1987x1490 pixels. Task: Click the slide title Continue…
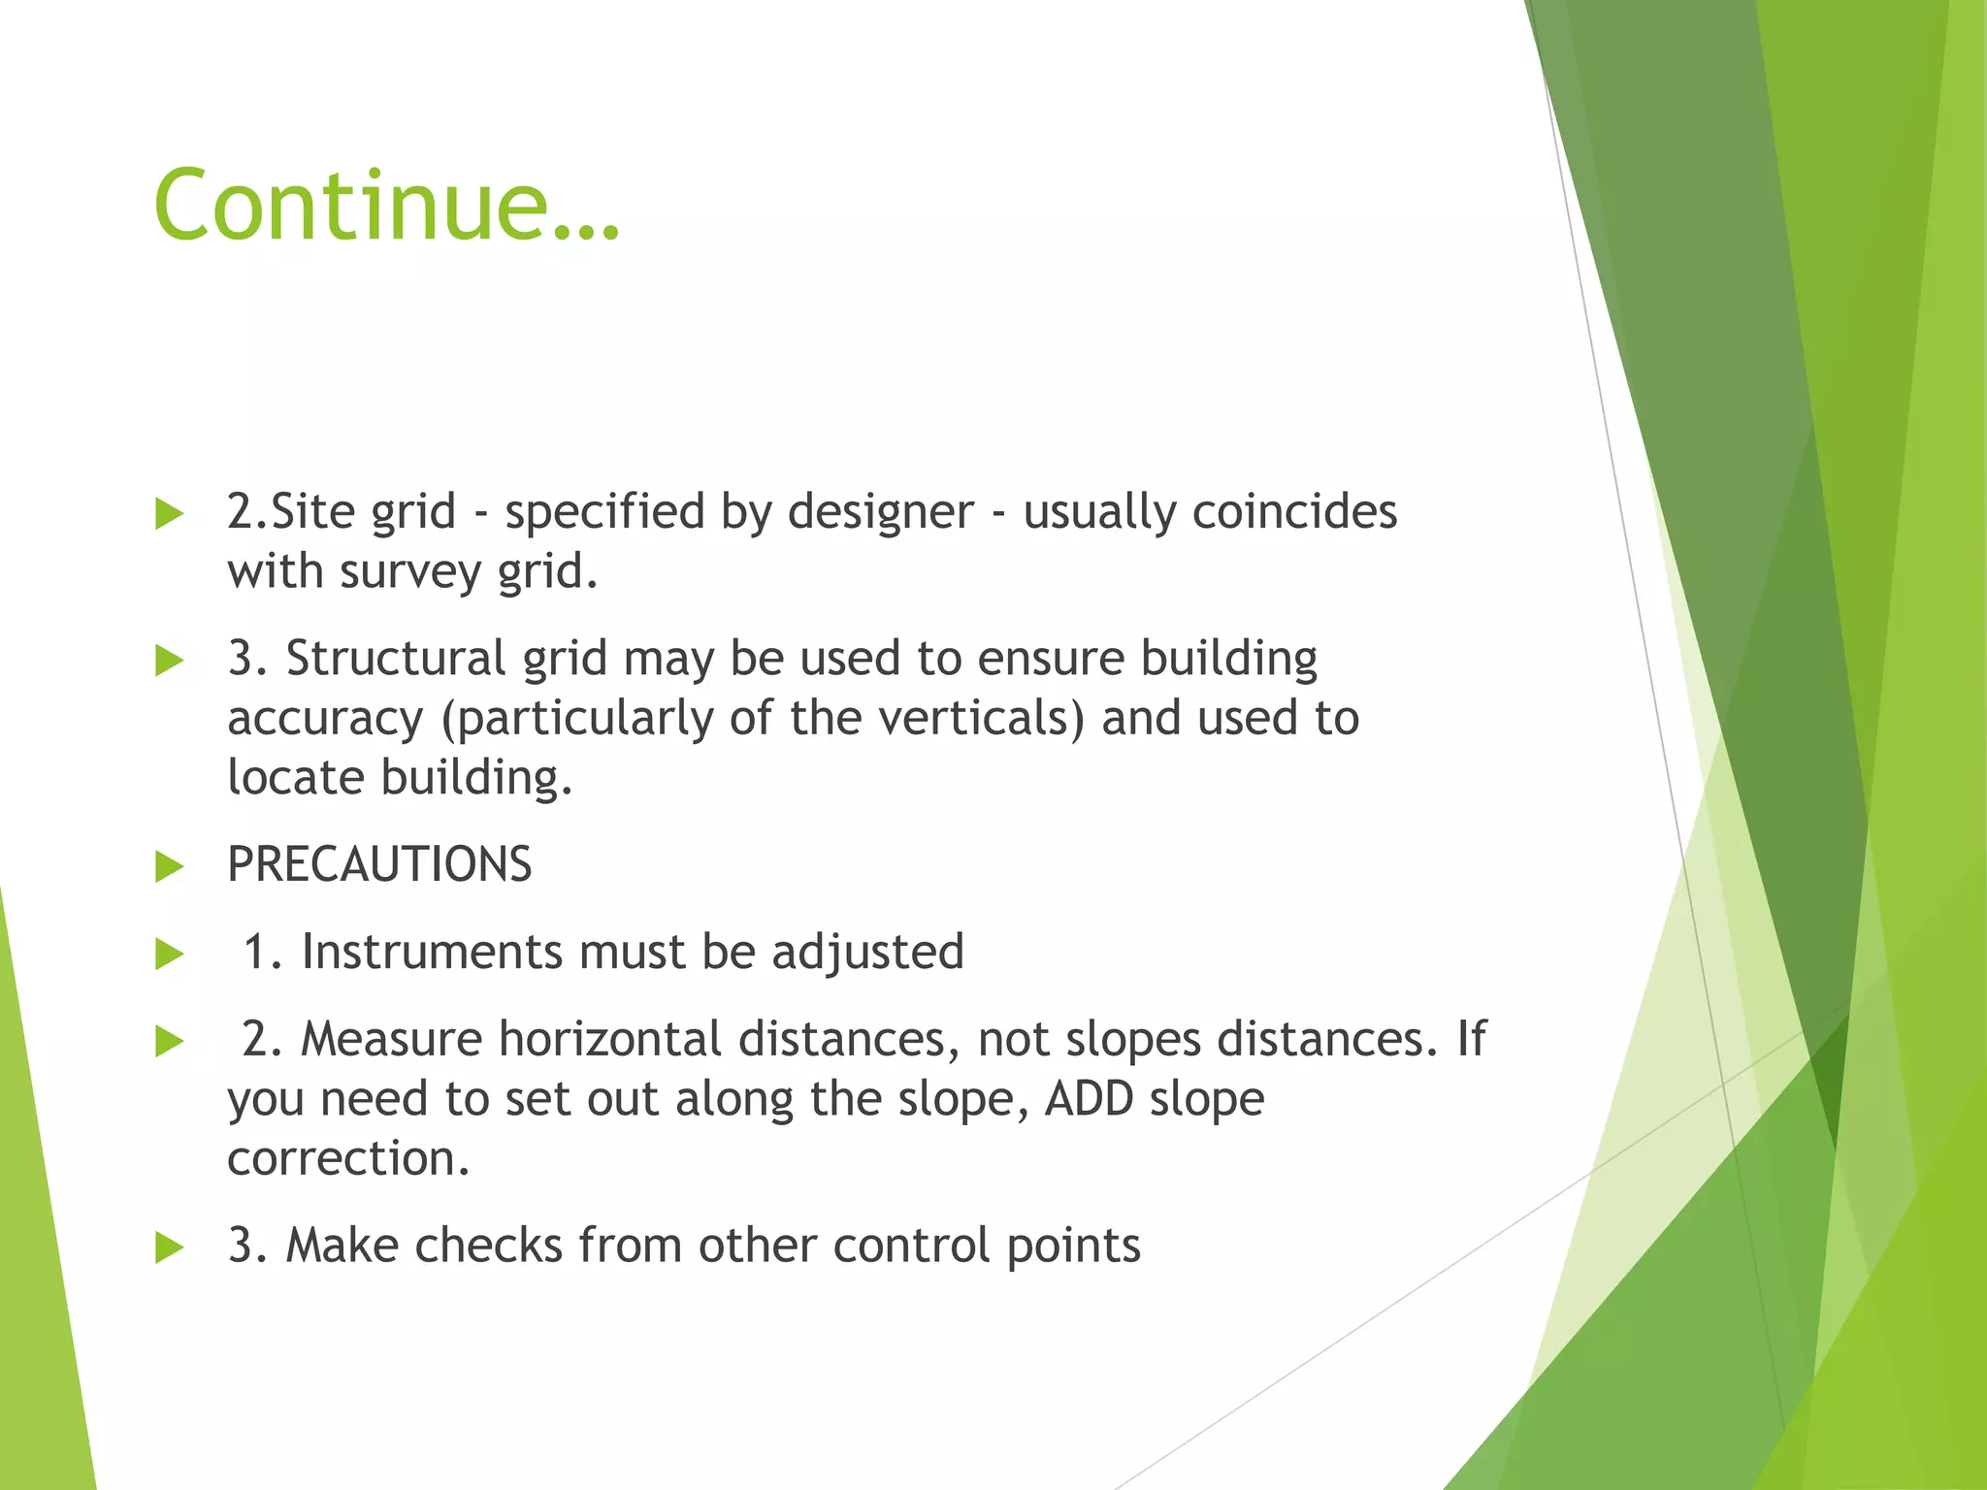coord(386,206)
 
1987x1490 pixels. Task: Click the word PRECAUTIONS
coord(379,864)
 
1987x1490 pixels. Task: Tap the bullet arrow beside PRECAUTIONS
coord(170,866)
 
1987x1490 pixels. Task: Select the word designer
coord(880,512)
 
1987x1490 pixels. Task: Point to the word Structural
coord(396,659)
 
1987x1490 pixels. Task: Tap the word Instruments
coord(432,952)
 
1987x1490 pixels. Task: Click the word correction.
coord(348,1158)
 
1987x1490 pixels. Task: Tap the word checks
coord(488,1246)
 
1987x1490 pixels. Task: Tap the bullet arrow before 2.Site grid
coord(170,514)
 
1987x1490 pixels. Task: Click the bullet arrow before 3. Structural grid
coord(170,662)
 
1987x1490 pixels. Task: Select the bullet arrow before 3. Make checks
coord(170,1247)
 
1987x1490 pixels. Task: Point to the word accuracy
coord(325,720)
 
